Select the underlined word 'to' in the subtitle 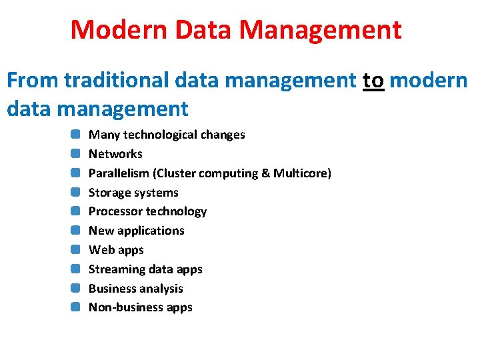click(373, 81)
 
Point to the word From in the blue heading click(33, 81)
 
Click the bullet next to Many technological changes click(76, 135)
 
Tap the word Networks click(115, 154)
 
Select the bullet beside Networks click(76, 154)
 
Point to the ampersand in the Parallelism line click(266, 173)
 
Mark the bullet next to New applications click(76, 231)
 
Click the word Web click(101, 250)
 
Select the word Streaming click(117, 269)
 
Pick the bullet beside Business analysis click(76, 289)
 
